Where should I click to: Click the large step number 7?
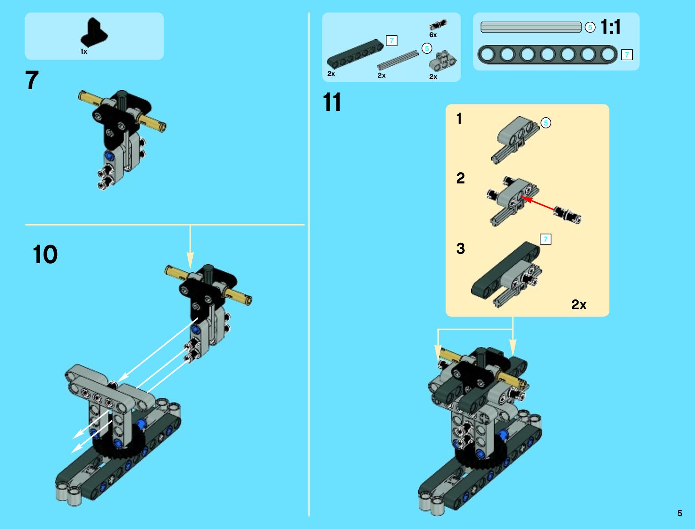coord(32,80)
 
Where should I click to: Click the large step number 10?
coord(45,254)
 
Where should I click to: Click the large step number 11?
coord(332,102)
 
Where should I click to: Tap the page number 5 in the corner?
coord(680,513)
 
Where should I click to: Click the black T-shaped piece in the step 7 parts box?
coord(94,32)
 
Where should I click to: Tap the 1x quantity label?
coord(84,52)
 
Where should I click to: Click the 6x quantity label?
coord(433,35)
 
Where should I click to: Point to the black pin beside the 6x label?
coord(438,24)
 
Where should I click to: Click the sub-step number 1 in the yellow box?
coord(459,119)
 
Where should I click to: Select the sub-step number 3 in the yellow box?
coord(460,248)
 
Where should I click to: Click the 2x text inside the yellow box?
coord(579,305)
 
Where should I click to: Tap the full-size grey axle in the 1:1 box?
coord(531,27)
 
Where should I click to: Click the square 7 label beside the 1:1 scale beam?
coord(627,55)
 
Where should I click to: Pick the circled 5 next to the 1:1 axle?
coord(590,28)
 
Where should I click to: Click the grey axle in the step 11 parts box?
coord(398,60)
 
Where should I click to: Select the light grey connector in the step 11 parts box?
coord(443,61)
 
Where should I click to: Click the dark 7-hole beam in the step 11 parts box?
coord(355,54)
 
